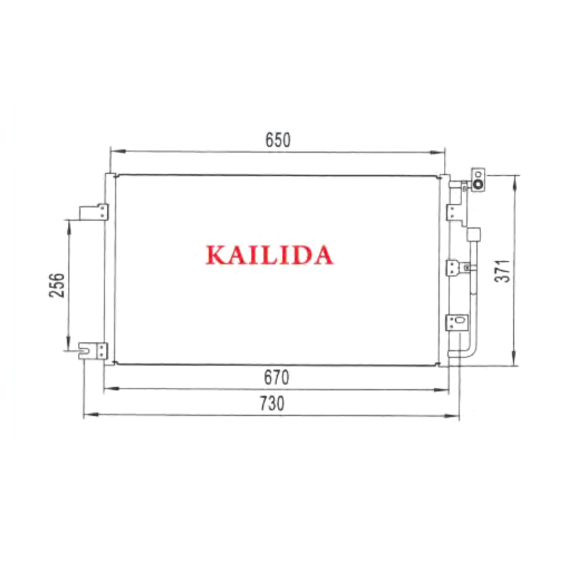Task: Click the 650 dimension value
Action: point(278,140)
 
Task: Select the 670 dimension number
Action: point(276,377)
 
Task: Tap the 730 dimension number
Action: point(272,404)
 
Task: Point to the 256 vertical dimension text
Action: point(57,285)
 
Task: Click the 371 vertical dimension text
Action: point(502,271)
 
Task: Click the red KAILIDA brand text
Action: point(269,255)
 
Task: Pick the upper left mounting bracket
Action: point(94,212)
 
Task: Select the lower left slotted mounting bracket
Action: point(93,351)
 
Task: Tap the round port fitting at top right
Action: point(478,184)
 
